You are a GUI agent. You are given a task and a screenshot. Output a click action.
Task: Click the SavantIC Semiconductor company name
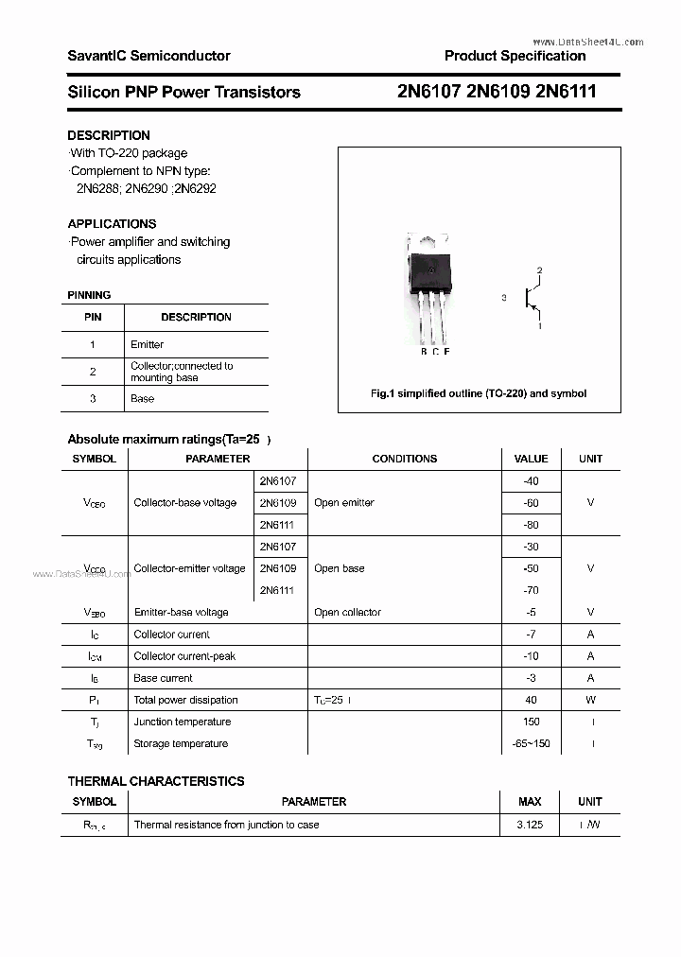(x=148, y=56)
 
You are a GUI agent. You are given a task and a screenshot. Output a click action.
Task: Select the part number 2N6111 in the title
(x=566, y=92)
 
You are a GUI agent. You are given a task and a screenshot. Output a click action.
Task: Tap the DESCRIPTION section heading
(x=109, y=135)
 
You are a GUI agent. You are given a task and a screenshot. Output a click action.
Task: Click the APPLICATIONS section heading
(x=112, y=224)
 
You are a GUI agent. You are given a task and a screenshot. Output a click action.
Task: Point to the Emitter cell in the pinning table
(x=147, y=344)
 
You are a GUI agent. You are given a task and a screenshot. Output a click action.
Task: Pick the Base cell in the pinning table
(x=142, y=398)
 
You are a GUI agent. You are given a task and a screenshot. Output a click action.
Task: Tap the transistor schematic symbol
(x=532, y=299)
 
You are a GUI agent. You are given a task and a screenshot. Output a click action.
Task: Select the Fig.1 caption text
(x=478, y=393)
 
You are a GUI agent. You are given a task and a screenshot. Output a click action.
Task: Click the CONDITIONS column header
(x=404, y=459)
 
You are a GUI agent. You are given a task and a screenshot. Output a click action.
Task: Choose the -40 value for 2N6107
(x=531, y=481)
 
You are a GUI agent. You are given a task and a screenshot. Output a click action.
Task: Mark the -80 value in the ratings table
(x=531, y=524)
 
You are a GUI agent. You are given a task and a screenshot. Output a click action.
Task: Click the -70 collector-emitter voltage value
(x=531, y=590)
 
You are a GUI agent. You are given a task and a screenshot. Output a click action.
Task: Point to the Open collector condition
(x=347, y=612)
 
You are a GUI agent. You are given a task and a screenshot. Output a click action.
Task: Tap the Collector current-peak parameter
(x=184, y=655)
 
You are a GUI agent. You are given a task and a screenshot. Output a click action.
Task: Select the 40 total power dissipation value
(x=531, y=700)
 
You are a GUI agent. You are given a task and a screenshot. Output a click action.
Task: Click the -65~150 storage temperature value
(x=531, y=743)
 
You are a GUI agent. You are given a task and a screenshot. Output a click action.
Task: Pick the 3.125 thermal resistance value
(x=530, y=825)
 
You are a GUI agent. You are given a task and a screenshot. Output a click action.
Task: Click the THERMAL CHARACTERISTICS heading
(x=156, y=781)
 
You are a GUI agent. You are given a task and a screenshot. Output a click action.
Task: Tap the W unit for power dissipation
(x=590, y=700)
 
